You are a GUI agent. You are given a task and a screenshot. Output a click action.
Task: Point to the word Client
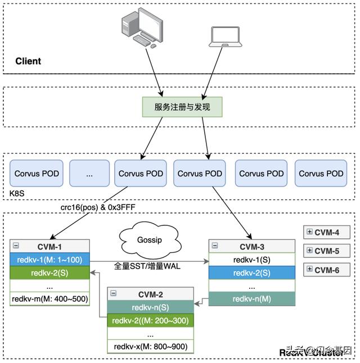point(28,61)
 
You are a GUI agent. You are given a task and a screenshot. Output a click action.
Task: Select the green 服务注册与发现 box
point(182,106)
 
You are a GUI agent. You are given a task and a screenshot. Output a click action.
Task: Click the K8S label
point(17,192)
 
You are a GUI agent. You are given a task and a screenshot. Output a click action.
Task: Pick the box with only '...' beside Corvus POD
point(89,174)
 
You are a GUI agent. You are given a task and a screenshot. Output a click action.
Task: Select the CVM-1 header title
point(49,246)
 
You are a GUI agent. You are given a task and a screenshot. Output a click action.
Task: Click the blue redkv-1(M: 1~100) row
point(49,259)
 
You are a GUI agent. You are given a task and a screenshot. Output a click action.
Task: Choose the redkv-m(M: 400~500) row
point(49,298)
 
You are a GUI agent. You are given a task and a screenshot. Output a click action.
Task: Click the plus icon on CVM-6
point(309,270)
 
